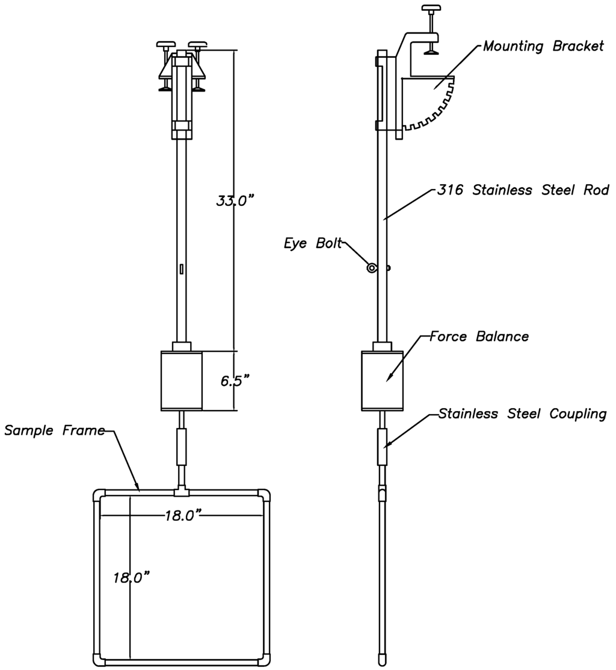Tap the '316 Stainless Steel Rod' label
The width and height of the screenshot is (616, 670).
point(523,191)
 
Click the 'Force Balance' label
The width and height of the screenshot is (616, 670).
point(479,337)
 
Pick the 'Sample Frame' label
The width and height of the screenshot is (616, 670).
point(54,430)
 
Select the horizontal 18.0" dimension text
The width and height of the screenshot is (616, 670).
point(183,515)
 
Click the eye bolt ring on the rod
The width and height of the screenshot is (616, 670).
point(372,268)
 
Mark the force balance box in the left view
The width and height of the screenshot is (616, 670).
point(181,380)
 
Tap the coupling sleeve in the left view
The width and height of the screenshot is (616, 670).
point(181,446)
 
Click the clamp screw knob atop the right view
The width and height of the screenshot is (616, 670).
point(430,9)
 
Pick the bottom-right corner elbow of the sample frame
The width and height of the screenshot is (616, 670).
point(264,659)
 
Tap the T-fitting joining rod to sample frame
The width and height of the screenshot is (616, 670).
point(181,492)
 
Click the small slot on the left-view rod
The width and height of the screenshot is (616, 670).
point(181,269)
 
